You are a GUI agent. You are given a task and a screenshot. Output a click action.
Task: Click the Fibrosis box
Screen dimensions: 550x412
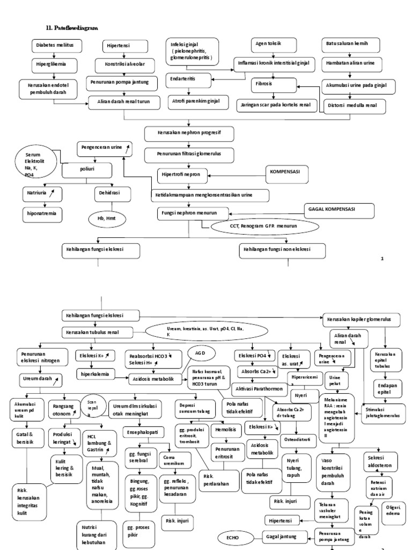[x=274, y=85]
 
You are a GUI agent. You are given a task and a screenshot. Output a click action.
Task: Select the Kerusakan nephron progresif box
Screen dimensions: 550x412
[x=190, y=132]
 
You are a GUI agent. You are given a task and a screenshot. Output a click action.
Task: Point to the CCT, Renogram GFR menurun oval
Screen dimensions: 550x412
[x=261, y=227]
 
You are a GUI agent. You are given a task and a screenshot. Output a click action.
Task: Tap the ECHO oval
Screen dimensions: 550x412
[x=233, y=536]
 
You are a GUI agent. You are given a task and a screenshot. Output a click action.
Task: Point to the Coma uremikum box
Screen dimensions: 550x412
[x=173, y=459]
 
